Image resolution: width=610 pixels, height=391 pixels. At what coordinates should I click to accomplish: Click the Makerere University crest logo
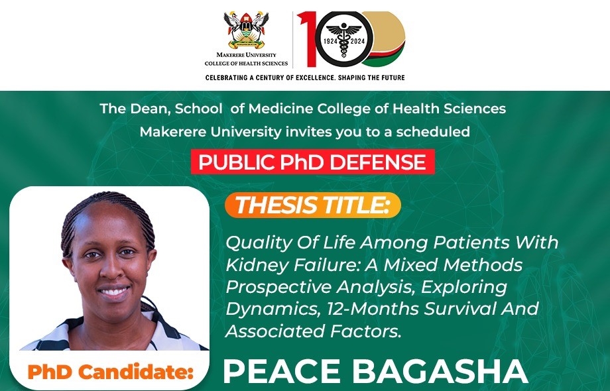(x=246, y=30)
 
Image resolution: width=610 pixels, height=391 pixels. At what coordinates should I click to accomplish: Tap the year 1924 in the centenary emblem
(x=330, y=41)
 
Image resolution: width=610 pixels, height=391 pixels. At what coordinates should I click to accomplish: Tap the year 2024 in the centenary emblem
(x=357, y=41)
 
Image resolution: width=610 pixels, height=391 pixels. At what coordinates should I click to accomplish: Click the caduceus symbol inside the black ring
(x=343, y=40)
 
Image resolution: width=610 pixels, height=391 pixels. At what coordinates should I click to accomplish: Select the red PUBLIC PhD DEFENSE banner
(x=312, y=162)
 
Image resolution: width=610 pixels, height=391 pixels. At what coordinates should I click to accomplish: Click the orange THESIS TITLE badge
(x=313, y=205)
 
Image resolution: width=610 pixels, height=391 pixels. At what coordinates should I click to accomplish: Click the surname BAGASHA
(x=440, y=371)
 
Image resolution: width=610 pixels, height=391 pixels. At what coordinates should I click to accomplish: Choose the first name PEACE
(x=282, y=371)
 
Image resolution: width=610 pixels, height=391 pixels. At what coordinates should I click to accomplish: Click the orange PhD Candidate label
(x=111, y=372)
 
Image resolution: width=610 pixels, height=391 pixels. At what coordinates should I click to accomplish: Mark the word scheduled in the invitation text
(x=433, y=132)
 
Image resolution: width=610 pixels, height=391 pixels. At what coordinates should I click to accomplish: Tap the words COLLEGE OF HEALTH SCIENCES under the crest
(x=246, y=64)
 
